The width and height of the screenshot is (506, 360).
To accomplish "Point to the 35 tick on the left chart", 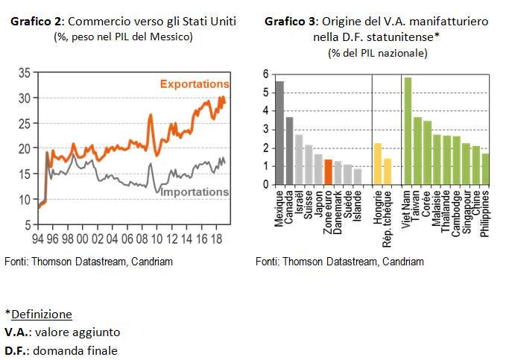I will coord(24,73).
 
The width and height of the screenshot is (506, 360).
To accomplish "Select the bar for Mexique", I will coord(280,133).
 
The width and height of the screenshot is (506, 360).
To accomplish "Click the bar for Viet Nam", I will coord(408,130).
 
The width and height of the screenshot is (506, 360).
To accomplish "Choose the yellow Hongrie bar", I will coord(378,164).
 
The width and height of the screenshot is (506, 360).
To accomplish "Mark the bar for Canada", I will coord(290,151).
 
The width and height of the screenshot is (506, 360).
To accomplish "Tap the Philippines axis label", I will coord(485,213).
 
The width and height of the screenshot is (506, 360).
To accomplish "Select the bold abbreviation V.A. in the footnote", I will coord(16,332).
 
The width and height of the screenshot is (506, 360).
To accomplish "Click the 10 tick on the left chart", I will coord(24,199).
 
